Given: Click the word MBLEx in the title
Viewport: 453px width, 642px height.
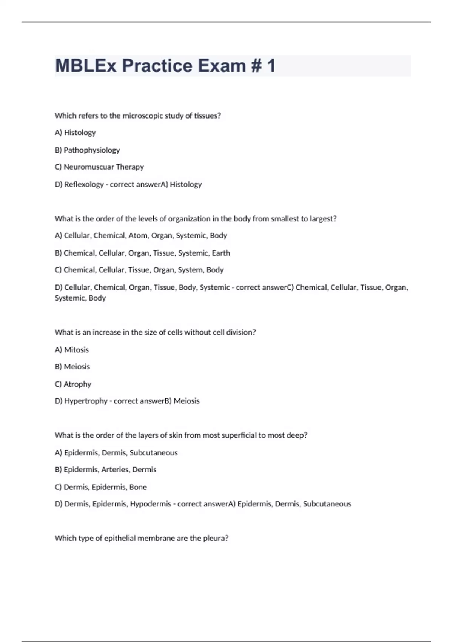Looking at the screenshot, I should tap(86, 66).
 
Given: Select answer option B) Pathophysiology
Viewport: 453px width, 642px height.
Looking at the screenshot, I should tap(87, 150).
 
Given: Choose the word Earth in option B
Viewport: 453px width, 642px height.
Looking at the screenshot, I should tap(221, 253).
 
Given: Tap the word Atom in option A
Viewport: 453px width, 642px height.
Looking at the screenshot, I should tap(138, 236).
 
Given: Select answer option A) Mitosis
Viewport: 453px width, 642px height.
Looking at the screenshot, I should tap(72, 350).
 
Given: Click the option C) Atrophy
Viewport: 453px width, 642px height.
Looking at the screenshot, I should tap(73, 384).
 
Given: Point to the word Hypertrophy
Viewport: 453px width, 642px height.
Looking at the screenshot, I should tap(86, 401).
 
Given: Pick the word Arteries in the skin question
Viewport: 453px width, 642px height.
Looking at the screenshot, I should tap(115, 469).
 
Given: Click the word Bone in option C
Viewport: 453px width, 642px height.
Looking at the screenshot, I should tap(138, 487).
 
